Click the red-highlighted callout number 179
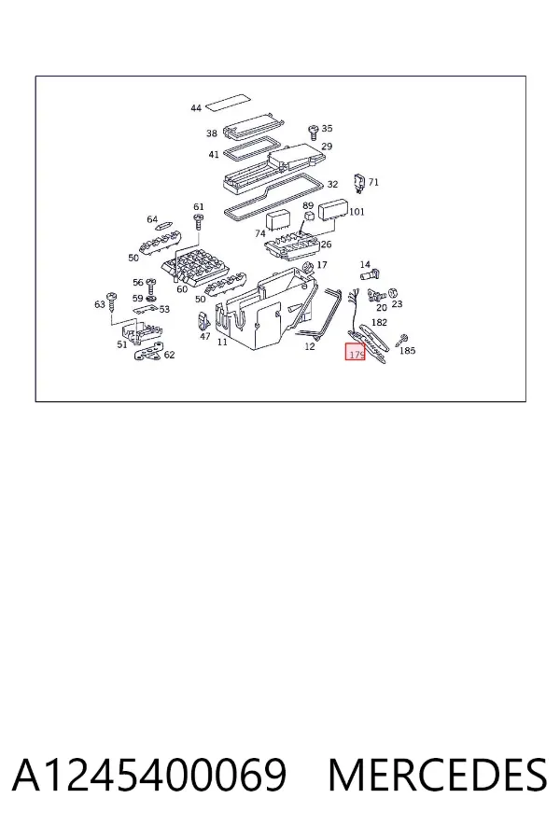point(356,355)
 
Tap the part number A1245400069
point(149,776)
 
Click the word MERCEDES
point(438,776)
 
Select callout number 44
point(196,108)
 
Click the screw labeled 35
point(314,132)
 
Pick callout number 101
point(357,212)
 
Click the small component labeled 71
point(360,183)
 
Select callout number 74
point(259,233)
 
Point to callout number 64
point(152,219)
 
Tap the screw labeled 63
point(113,301)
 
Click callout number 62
point(169,355)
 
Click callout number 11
point(222,342)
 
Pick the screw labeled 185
point(402,339)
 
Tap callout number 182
point(379,323)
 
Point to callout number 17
point(321,265)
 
